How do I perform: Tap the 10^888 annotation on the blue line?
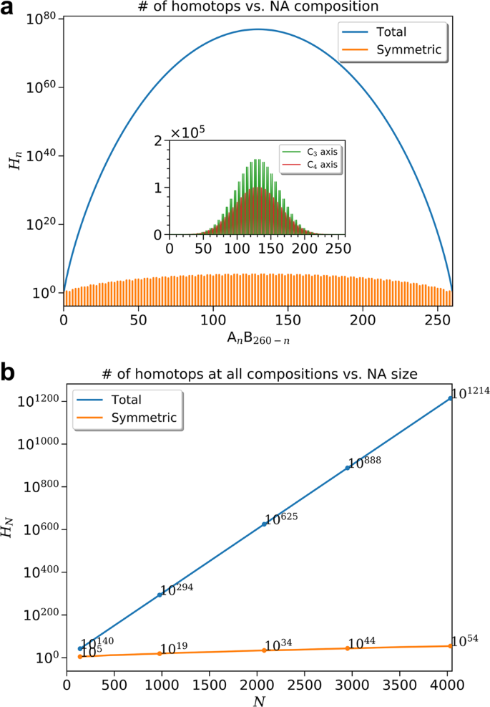point(366,461)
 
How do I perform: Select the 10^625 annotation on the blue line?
point(282,518)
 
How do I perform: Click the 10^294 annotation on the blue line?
point(177,589)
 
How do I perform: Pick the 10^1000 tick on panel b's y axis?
point(39,443)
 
